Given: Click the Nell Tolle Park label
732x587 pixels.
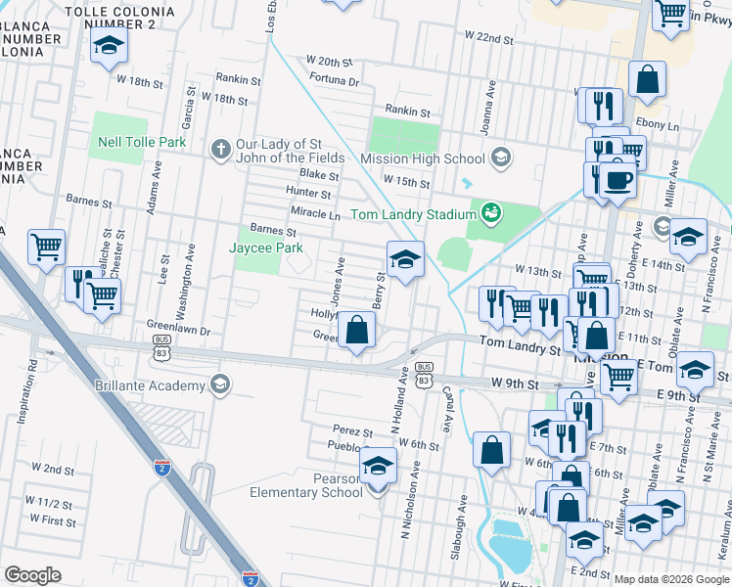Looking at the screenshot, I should pos(142,142).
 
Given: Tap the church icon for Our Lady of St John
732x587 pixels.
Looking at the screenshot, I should pos(221,150).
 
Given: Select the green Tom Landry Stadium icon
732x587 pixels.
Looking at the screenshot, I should pos(492,213).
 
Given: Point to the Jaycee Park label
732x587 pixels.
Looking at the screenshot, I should pos(263,248).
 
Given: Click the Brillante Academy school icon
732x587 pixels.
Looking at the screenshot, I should pos(221,384).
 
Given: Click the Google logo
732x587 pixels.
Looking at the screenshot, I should pos(33,574).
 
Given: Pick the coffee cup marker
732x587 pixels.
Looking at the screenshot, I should pos(618,181).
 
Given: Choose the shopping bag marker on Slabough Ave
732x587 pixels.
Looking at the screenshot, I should pos(492,450).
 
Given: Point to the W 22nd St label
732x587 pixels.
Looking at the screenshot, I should pos(489,36).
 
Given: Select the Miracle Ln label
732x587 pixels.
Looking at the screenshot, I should pos(315,213).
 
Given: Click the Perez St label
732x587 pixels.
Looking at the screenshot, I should pos(352,431).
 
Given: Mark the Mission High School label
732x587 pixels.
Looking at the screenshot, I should pos(423,158).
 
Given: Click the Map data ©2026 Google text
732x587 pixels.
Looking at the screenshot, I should pos(670,578).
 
